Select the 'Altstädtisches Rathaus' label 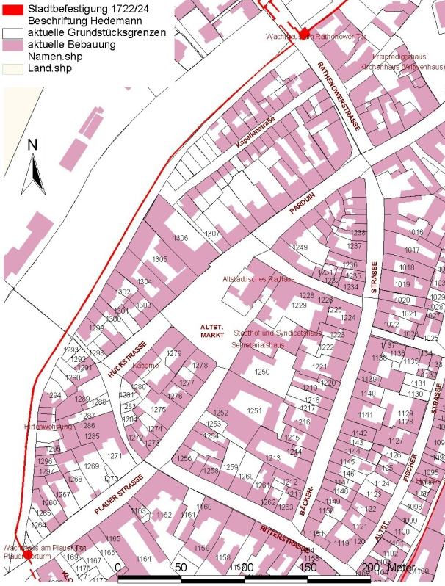pos(258,280)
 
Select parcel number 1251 pos(254,410)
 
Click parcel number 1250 pos(262,372)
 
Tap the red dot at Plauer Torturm pos(28,555)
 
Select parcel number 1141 pos(366,416)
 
